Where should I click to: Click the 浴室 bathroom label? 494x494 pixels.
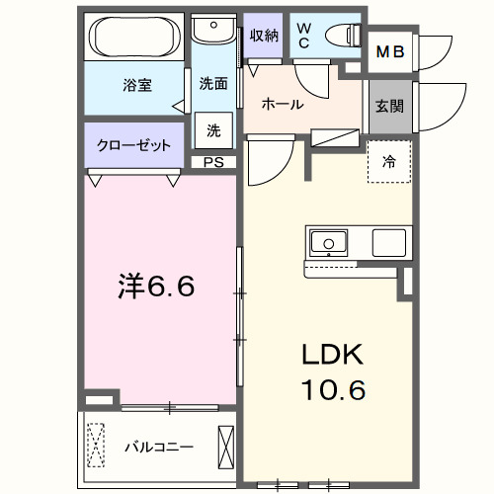point(136,86)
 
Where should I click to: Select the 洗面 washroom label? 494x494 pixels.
point(213,84)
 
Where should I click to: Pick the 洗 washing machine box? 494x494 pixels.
point(213,128)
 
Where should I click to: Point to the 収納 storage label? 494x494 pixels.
point(263,37)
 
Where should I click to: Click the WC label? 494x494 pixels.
point(303,37)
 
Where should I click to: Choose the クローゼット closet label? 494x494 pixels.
point(134,144)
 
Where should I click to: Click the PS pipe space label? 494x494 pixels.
point(213,162)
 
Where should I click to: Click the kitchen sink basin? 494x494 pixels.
point(327,242)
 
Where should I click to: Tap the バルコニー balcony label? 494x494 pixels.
point(159,446)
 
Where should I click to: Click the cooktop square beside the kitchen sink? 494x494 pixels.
point(387,242)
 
